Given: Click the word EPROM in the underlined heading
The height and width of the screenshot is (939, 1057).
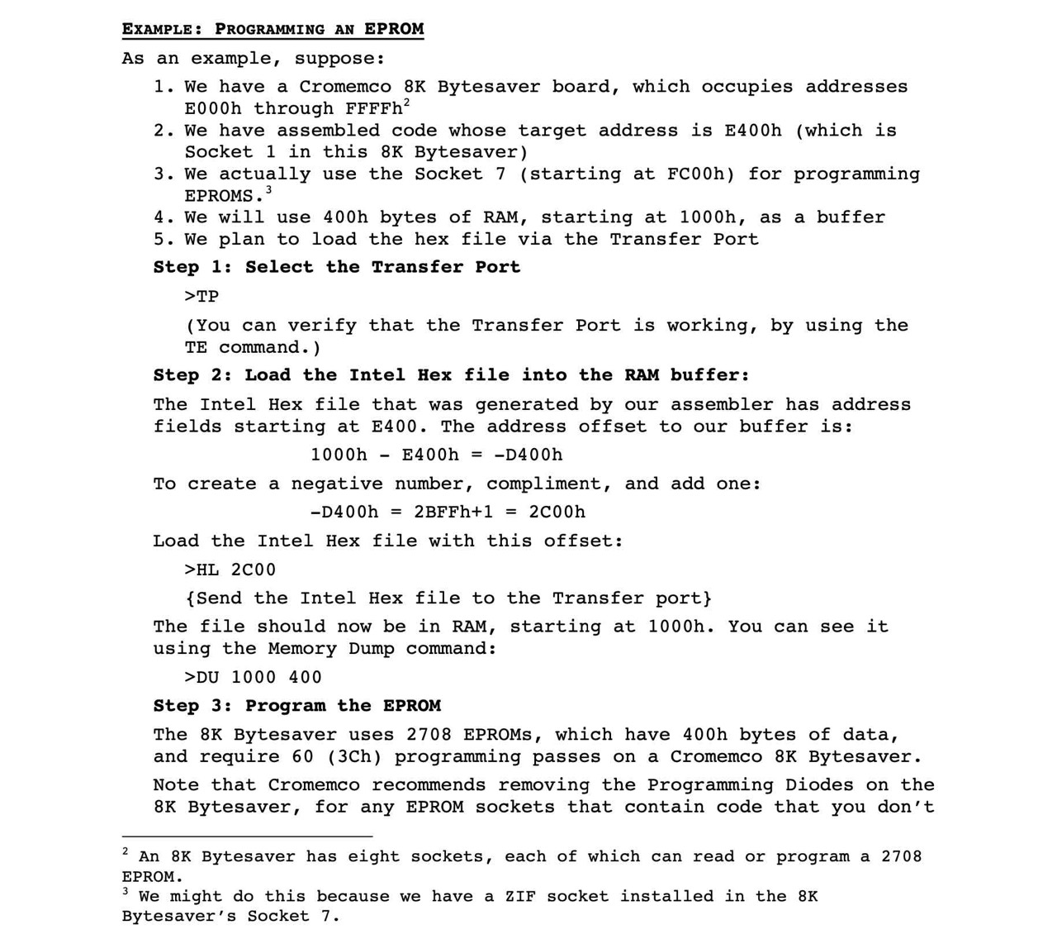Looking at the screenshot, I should coord(394,29).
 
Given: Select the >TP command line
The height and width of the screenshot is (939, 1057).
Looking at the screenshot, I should coord(201,296).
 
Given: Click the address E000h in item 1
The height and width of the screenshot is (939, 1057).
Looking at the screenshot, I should coord(213,108).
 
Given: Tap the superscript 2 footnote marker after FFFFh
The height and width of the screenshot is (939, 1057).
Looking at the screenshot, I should coord(407,102).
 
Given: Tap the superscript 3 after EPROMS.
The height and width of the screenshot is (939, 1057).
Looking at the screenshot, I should coord(269,190).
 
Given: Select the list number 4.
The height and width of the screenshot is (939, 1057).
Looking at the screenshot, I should coord(159,217).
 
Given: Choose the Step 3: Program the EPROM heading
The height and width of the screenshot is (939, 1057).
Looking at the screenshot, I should coord(296,706).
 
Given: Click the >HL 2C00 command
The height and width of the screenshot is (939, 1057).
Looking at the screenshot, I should coord(230,570).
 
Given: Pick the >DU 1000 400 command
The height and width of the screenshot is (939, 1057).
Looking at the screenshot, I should coord(253,677).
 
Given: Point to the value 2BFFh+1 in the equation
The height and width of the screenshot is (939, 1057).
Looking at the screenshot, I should coord(453,512).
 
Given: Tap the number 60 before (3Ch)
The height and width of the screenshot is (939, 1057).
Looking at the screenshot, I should coord(302,756).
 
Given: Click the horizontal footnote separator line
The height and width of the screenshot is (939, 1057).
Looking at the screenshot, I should coord(247,837).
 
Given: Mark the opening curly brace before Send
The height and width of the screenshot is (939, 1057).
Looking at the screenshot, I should coord(191,598).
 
